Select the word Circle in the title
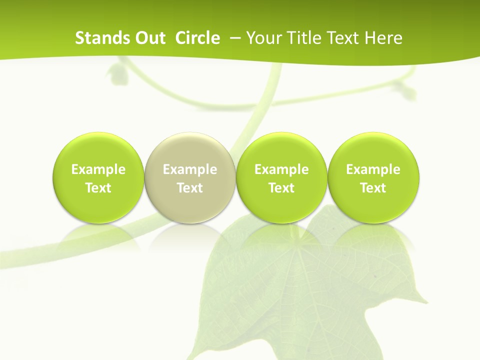[x=197, y=38]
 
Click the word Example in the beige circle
[x=190, y=169]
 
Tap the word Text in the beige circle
[x=190, y=188]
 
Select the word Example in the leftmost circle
[x=98, y=169]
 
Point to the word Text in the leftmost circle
[x=98, y=188]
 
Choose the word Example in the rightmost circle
[x=373, y=169]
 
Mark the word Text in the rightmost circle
[x=373, y=188]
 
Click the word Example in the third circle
[x=281, y=169]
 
